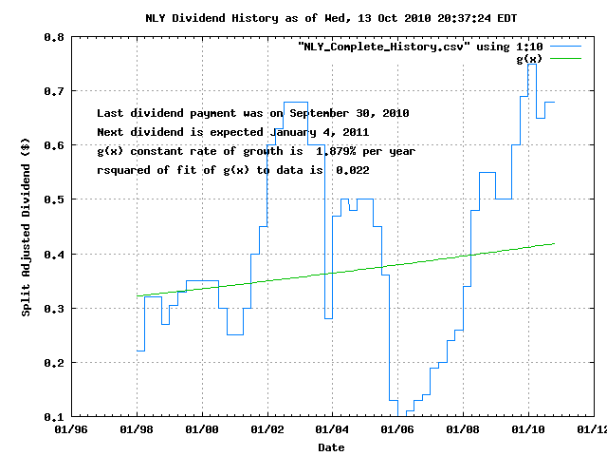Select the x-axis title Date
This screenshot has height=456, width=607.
pyautogui.click(x=331, y=446)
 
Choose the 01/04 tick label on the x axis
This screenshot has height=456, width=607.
pyautogui.click(x=332, y=430)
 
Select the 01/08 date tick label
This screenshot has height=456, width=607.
pyautogui.click(x=462, y=430)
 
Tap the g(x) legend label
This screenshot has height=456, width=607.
pyautogui.click(x=528, y=59)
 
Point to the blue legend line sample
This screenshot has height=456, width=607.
pyautogui.click(x=564, y=46)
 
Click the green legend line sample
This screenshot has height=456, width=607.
pyautogui.click(x=564, y=59)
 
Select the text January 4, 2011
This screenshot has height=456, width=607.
pyautogui.click(x=320, y=132)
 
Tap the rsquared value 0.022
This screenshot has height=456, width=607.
pyautogui.click(x=350, y=170)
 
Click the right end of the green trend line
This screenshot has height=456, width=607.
pyautogui.click(x=554, y=244)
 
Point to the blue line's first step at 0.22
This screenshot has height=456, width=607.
pyautogui.click(x=140, y=351)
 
